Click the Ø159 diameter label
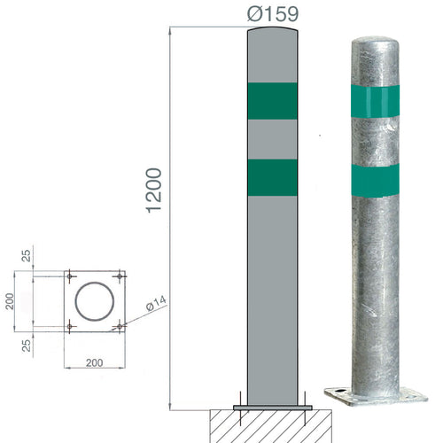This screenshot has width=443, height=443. point(273,14)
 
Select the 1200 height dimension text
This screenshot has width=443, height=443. point(154,190)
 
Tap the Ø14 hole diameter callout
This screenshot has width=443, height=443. point(156,303)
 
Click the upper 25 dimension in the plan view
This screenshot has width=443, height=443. point(27,256)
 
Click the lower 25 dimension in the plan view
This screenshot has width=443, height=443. point(27,346)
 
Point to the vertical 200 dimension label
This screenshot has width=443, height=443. point(10,301)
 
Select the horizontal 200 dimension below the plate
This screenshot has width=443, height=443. point(95,362)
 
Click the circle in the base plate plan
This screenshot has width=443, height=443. point(95,283)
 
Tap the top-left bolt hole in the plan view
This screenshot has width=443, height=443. point(70,276)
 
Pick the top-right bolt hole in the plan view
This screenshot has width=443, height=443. point(120,276)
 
